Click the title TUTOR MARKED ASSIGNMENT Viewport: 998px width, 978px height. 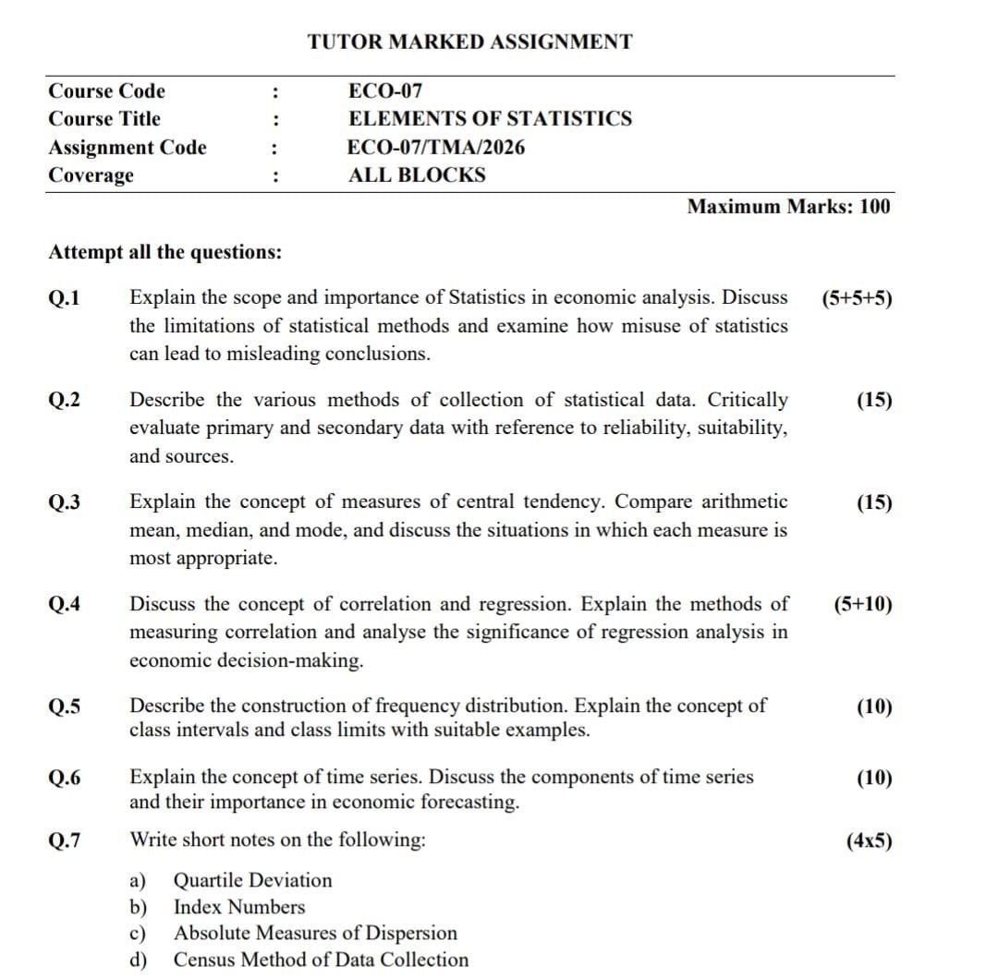point(470,42)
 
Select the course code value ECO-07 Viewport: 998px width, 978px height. point(385,91)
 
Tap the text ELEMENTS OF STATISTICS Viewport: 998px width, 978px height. point(490,119)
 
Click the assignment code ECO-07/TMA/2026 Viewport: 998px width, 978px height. point(436,148)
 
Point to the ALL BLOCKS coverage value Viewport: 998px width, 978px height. point(417,175)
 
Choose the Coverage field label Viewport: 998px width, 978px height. point(91,175)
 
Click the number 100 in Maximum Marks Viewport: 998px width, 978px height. point(874,207)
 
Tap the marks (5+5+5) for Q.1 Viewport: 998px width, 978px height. point(856,298)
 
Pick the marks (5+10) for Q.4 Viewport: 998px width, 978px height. point(862,605)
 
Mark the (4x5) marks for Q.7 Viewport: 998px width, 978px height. point(869,840)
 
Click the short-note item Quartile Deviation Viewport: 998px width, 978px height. point(252,880)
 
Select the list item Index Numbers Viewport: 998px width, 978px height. point(238,907)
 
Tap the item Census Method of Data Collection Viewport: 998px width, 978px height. point(321,960)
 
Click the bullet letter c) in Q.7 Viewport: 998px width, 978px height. point(138,934)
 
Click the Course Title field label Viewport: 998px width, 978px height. point(103,119)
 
